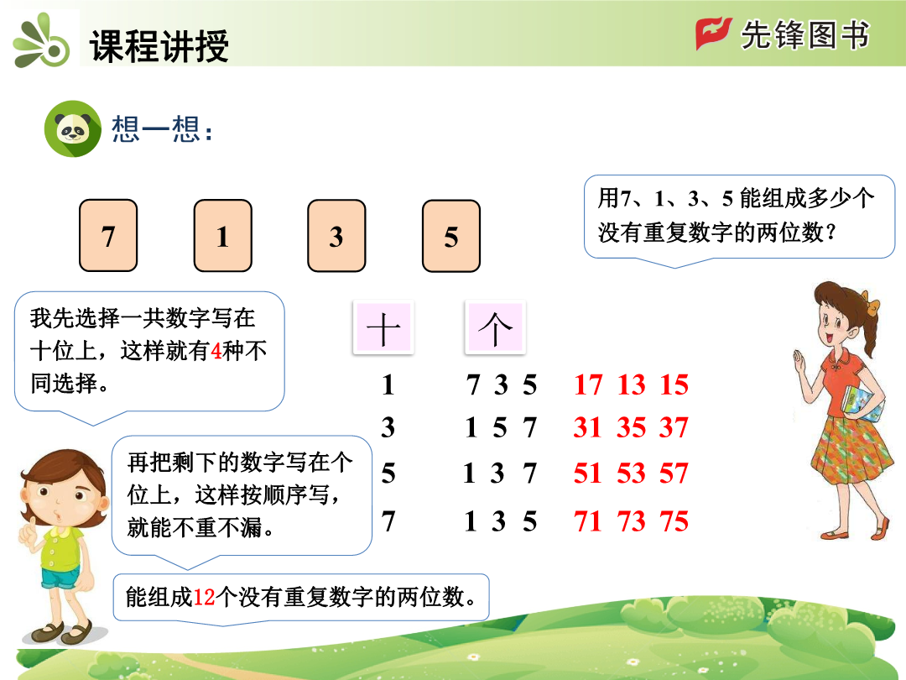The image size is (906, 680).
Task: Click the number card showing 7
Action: point(108,235)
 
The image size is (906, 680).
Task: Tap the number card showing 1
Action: point(223,235)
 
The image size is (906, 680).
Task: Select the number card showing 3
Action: point(337,235)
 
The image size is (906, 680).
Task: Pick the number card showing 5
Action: point(451,235)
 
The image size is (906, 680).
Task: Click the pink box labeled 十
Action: point(383,327)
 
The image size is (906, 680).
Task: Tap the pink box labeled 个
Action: point(495,327)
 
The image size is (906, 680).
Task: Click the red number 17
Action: point(588,385)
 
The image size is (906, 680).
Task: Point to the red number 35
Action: point(631,428)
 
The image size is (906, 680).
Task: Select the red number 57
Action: point(674,473)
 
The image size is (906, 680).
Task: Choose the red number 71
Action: point(588,521)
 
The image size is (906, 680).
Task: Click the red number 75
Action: point(674,521)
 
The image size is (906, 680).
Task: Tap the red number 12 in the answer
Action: point(204,598)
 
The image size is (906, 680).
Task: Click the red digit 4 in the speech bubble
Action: point(216,351)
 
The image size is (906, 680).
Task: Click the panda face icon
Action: point(73,129)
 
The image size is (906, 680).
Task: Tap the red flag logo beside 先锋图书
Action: point(713,34)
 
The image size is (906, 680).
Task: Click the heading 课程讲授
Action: point(159,45)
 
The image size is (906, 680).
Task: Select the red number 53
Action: point(631,473)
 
